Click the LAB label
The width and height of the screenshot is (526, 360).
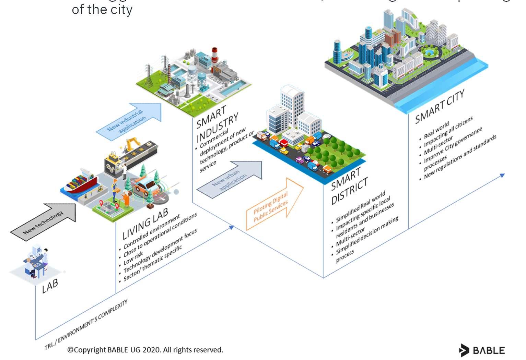pos(50,285)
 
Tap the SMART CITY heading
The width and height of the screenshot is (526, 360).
pos(440,106)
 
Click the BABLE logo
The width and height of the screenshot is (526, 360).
pos(482,350)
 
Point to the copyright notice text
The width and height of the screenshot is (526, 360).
pos(145,350)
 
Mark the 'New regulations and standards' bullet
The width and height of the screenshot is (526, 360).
pos(460,157)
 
